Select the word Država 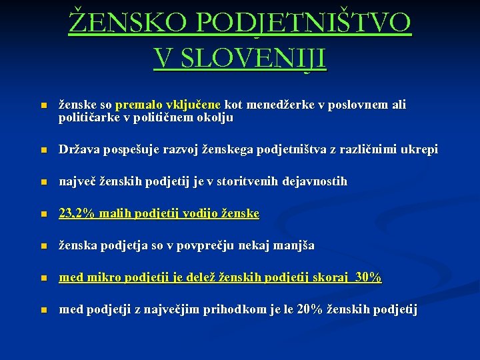click(x=78, y=149)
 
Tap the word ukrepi click(x=417, y=149)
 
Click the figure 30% click(x=368, y=277)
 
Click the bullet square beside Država click(x=43, y=150)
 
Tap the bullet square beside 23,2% click(x=43, y=214)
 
